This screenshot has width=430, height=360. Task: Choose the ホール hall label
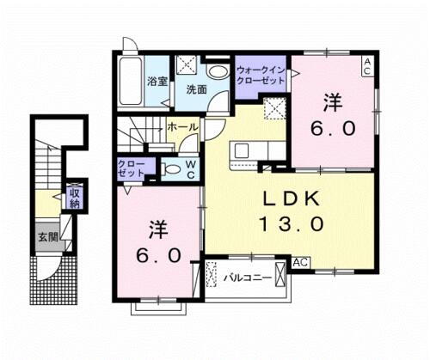182,127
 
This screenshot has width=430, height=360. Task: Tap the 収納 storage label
73,198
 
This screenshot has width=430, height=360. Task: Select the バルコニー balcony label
249,278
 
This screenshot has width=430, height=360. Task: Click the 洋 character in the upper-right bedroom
332,102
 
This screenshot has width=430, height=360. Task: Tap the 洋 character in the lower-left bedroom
157,229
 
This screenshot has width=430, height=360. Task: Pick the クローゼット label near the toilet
132,168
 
